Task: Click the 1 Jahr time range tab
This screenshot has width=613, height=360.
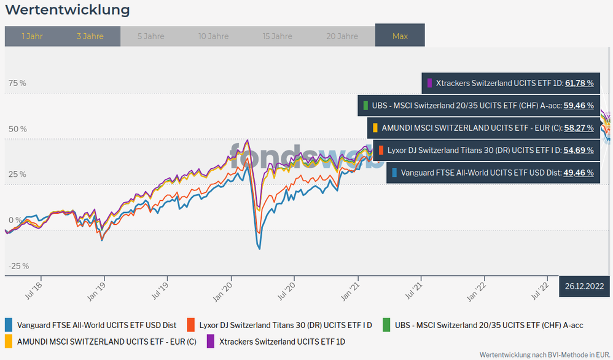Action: point(32,36)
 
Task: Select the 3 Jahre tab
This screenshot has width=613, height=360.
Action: point(90,36)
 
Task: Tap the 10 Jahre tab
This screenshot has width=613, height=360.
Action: point(213,36)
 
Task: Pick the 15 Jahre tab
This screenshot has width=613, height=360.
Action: point(277,36)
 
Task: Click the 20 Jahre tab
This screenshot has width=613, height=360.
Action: point(342,36)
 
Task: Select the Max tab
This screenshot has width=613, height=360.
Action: point(400,36)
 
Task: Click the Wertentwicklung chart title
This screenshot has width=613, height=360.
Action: point(68,10)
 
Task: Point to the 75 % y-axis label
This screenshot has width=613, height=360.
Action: point(17,84)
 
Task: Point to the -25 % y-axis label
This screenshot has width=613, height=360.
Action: point(18,266)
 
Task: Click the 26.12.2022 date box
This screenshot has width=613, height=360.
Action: point(584,286)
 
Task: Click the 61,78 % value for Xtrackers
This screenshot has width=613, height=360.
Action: point(579,83)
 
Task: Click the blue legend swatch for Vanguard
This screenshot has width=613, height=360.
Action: point(9,325)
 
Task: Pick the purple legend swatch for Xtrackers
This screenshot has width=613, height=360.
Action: point(210,341)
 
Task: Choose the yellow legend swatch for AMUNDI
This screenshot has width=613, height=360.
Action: point(9,341)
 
